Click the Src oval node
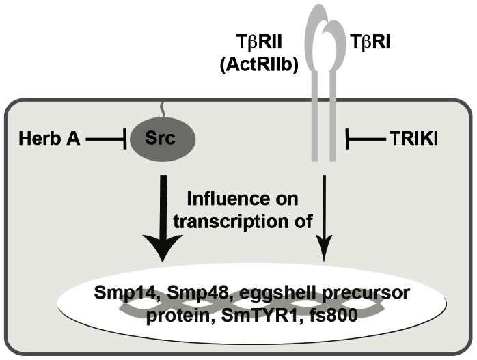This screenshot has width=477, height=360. pos(161,140)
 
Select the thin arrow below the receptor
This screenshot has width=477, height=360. pos(325,219)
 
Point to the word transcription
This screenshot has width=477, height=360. pos(226,220)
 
